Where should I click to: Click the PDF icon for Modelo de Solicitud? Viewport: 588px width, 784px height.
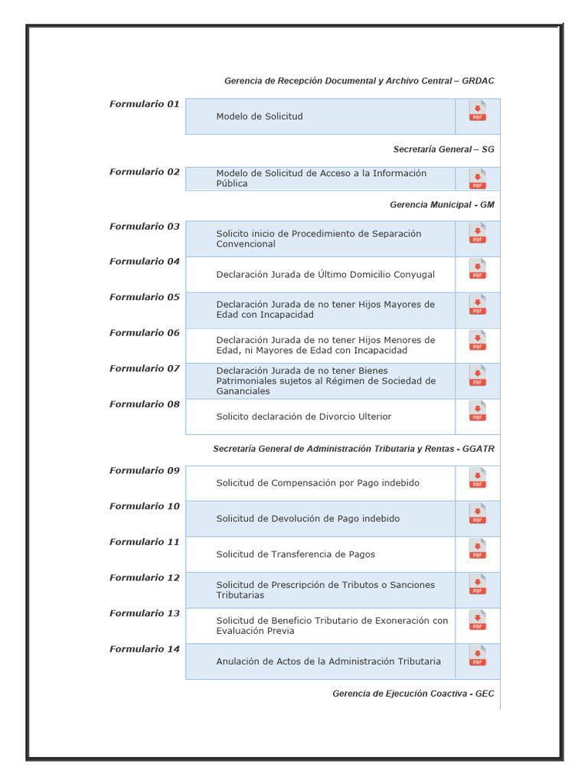[x=477, y=112]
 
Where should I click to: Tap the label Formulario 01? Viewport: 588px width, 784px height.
[x=144, y=104]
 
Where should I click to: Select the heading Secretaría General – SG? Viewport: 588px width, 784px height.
[x=443, y=149]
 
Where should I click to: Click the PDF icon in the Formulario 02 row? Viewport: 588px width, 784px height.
[x=477, y=179]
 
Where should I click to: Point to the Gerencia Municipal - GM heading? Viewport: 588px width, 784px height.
[x=442, y=205]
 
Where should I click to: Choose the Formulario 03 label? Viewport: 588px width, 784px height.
[x=144, y=227]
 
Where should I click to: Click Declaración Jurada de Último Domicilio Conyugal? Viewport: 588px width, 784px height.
[x=325, y=274]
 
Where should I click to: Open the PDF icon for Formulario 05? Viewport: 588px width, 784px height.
[x=477, y=305]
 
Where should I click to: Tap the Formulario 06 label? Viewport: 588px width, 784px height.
[x=144, y=333]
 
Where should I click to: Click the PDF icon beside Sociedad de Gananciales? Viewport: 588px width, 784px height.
[x=477, y=377]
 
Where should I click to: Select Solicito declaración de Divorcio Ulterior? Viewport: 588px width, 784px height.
[x=303, y=416]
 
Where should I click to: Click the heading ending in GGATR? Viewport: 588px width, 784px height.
[x=353, y=449]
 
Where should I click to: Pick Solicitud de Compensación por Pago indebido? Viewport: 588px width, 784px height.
[x=317, y=483]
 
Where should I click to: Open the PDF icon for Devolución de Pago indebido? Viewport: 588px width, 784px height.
[x=477, y=514]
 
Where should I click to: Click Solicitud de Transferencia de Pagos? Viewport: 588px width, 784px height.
[x=296, y=554]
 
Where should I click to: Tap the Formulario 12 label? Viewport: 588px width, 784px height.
[x=144, y=578]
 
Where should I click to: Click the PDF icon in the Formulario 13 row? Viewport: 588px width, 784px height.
[x=477, y=621]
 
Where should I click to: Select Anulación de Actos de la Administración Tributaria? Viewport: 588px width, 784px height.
[x=328, y=661]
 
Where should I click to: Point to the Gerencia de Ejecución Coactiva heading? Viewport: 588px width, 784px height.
[x=413, y=694]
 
